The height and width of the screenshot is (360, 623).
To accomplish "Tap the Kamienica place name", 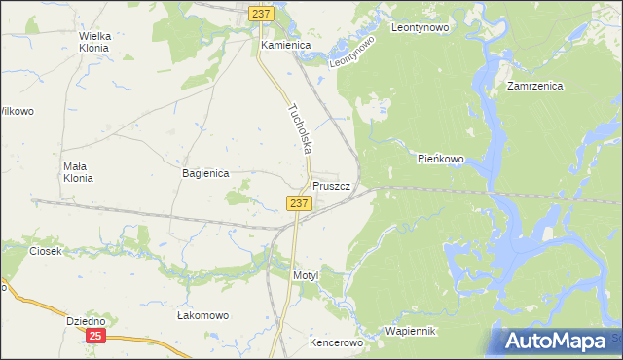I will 284,46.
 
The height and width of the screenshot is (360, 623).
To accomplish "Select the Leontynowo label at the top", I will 419,28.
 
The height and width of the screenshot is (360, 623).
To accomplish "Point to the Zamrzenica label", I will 535,86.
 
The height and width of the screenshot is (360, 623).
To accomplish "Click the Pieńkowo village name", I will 441,158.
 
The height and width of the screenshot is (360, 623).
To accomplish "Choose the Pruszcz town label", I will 338,185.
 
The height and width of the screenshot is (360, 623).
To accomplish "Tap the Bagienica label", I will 205,173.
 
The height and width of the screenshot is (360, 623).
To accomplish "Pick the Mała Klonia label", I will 77,172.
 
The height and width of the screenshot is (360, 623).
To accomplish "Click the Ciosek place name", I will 46,251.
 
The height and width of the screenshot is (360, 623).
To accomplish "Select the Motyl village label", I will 306,276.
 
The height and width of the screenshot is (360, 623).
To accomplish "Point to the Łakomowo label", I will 202,316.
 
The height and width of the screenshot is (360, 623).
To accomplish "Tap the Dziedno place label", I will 86,321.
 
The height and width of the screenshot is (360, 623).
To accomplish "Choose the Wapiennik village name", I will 412,332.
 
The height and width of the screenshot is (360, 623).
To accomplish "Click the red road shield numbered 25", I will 94,336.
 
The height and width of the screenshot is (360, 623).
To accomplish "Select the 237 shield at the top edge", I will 260,14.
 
